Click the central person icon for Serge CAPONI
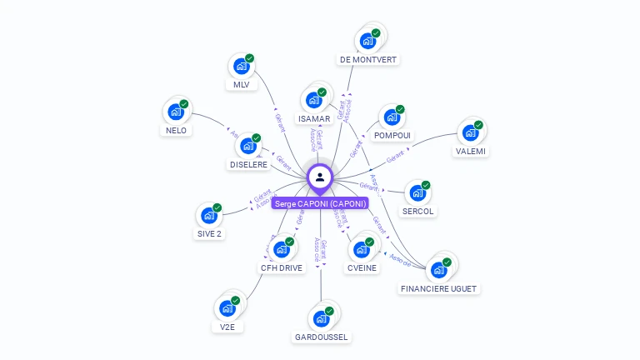point(320,177)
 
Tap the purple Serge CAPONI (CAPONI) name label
point(320,203)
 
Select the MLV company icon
point(241,67)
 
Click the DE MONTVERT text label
point(368,60)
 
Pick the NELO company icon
point(176,112)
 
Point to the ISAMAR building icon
point(313,100)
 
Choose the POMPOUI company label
point(392,135)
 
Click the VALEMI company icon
point(471,132)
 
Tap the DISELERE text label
point(248,165)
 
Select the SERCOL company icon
point(417,193)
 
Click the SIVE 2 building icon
point(209,215)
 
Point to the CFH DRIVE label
point(282,268)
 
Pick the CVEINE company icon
point(362,249)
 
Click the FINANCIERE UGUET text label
point(439,288)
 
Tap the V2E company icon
point(227,307)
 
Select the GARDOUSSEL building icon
point(321,318)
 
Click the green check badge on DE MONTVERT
point(376,32)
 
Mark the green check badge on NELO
point(184,104)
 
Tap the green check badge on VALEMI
point(479,125)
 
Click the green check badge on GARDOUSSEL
point(329,311)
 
